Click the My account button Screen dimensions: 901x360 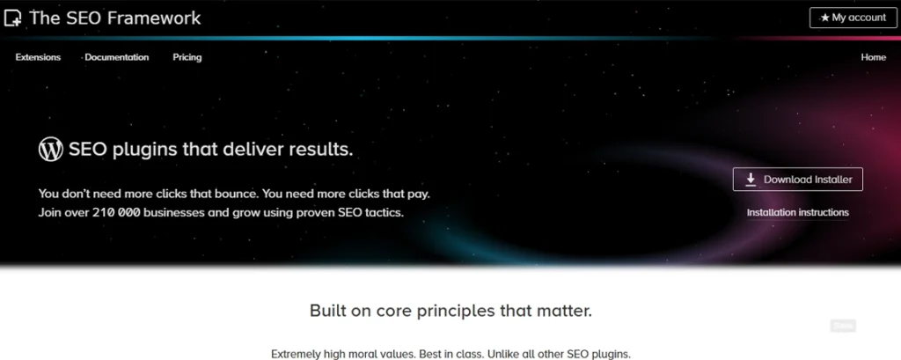pos(853,18)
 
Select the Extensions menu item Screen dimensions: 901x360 pos(38,57)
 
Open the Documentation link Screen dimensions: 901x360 pos(117,57)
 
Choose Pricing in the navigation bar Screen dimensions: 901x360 pos(187,57)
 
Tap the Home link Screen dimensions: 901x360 pos(874,57)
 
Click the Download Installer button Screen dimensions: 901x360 pos(797,180)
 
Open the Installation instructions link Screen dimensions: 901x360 pos(797,213)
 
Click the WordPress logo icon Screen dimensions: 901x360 pos(50,149)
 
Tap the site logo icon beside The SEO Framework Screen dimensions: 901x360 pos(12,18)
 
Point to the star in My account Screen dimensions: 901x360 pos(824,18)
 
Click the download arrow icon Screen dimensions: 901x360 pos(751,180)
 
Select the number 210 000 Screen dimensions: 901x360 pos(116,212)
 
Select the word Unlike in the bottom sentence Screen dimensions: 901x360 pos(502,354)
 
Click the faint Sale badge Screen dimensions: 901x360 pos(843,326)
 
